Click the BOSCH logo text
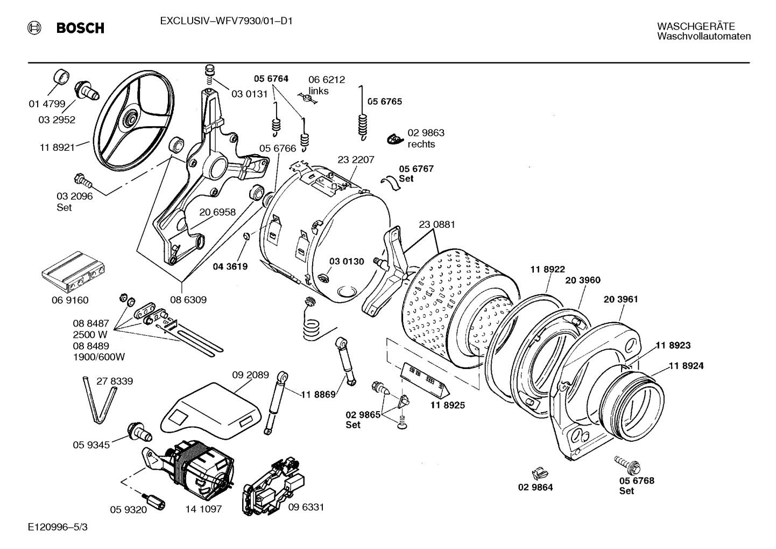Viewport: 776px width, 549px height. [x=80, y=28]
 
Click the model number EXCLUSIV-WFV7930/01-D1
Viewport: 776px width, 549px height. [x=226, y=22]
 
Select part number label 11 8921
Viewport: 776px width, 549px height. [x=57, y=147]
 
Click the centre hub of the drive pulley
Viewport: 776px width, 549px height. [x=130, y=116]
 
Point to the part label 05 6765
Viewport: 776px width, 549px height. [x=384, y=101]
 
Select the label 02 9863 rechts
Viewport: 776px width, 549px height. [x=425, y=138]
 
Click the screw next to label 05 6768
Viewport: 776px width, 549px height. [x=625, y=463]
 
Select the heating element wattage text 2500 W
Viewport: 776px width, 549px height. [x=90, y=334]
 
